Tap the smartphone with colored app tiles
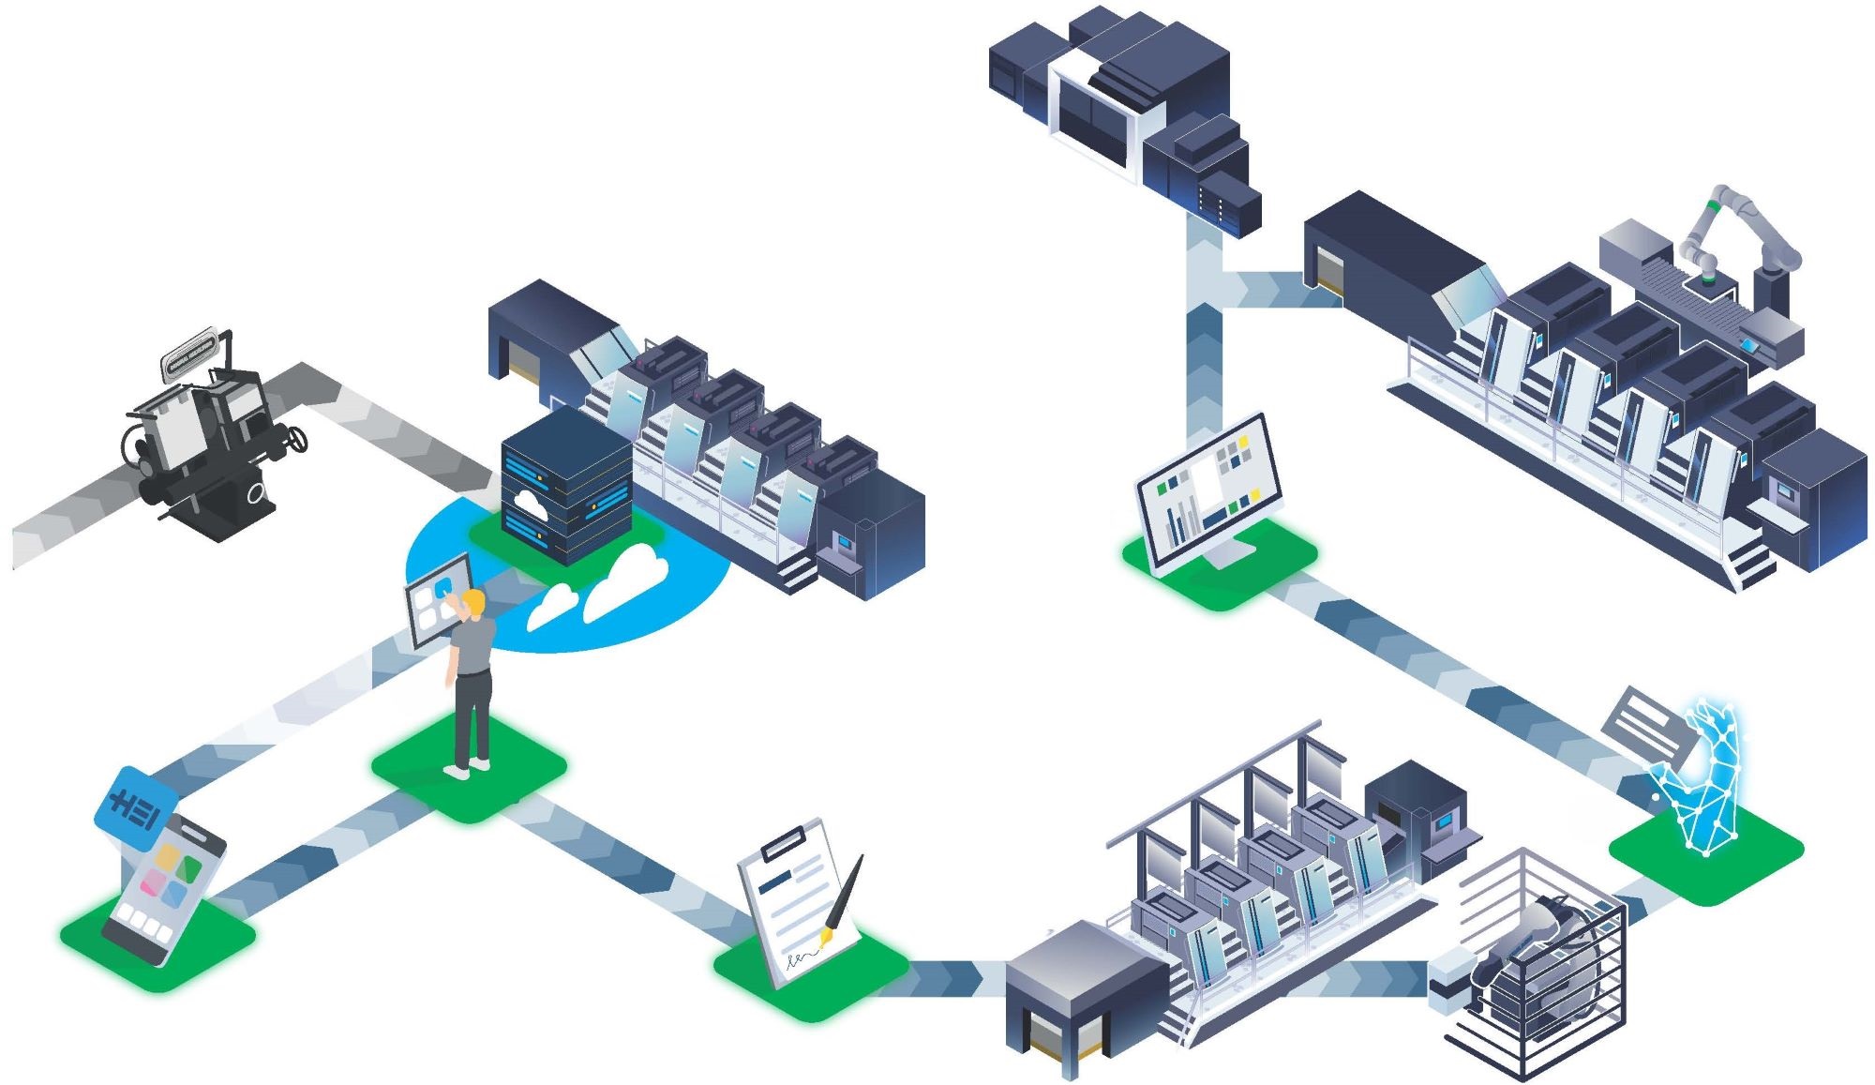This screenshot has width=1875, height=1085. point(165,891)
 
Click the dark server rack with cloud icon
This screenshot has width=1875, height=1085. point(565,488)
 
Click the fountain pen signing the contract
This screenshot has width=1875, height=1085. point(844,896)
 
